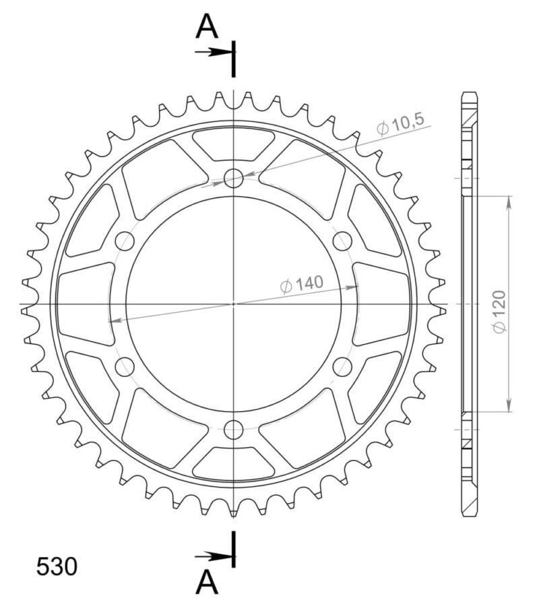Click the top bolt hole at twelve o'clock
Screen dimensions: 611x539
[x=234, y=179]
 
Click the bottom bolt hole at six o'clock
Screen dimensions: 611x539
[x=234, y=429]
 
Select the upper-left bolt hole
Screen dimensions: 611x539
[x=125, y=241]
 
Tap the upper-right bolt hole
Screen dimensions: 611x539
[x=342, y=241]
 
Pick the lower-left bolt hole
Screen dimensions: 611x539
[x=125, y=366]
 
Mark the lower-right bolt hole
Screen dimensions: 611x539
[x=342, y=366]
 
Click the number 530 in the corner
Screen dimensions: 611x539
[x=57, y=566]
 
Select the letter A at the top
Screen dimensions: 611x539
[x=208, y=27]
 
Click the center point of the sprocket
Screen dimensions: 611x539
[x=234, y=303]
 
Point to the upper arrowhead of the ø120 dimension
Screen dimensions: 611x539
[x=508, y=201]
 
